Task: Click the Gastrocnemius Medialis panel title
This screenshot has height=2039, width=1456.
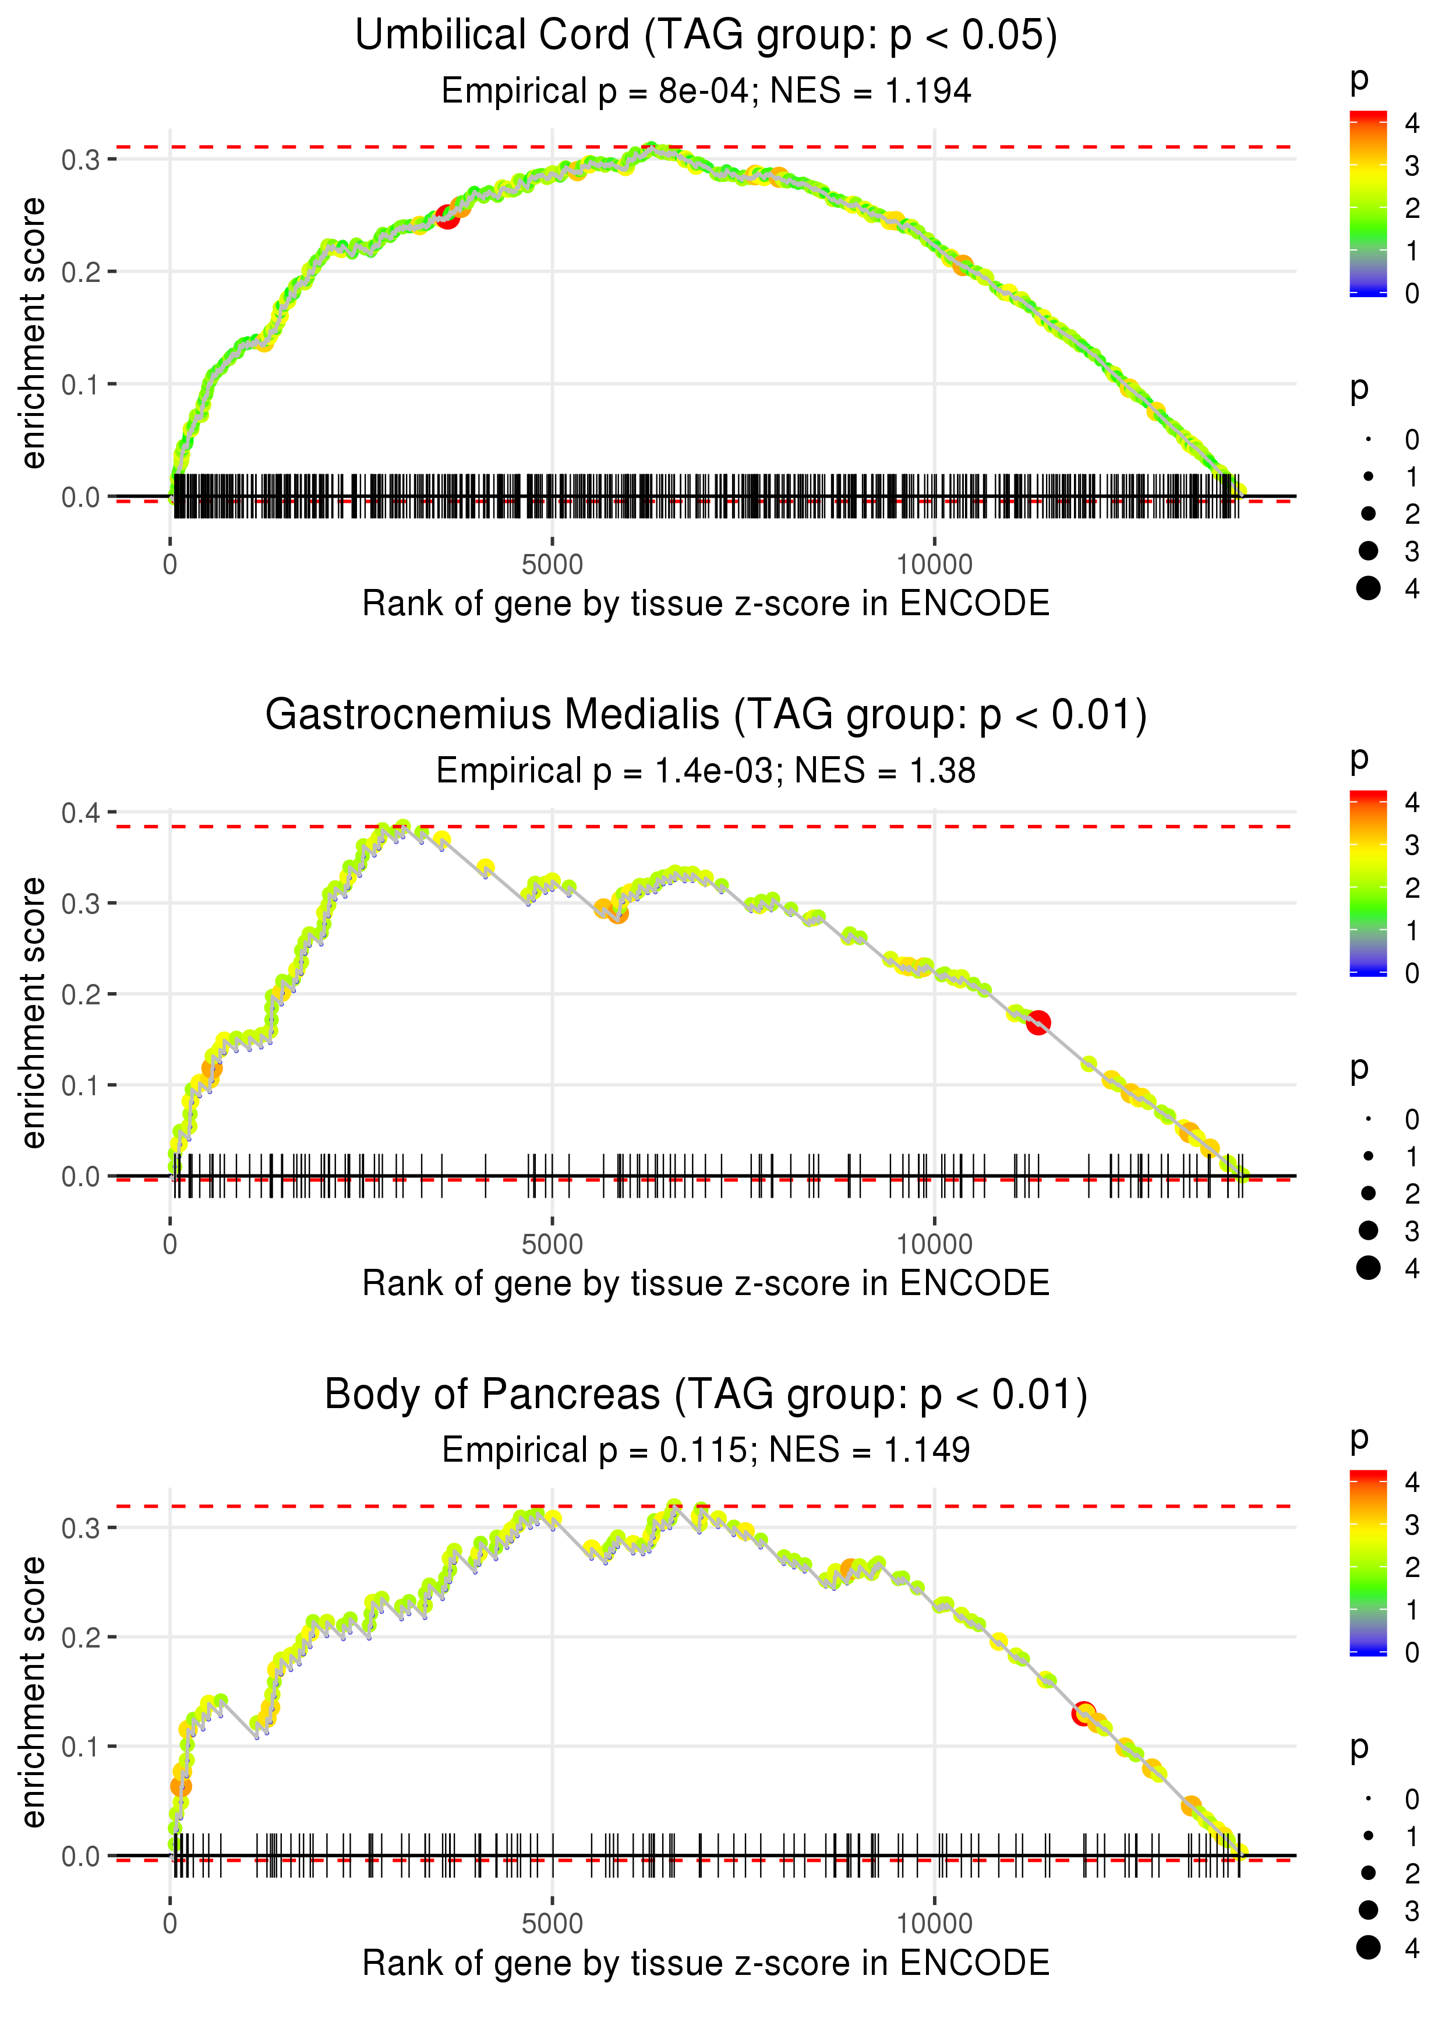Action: tap(706, 715)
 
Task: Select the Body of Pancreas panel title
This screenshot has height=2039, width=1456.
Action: tap(706, 1395)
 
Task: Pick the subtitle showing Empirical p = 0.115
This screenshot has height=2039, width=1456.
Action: tap(706, 1450)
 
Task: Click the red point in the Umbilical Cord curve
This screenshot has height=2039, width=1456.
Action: tap(447, 217)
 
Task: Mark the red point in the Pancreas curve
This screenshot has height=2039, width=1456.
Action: tap(1084, 1713)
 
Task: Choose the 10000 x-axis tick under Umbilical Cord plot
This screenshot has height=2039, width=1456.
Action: tap(934, 565)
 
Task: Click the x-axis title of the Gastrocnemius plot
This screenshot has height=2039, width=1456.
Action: tap(706, 1283)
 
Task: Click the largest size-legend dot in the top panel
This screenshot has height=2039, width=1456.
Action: tap(1368, 588)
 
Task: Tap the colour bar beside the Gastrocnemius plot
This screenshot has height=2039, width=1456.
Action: tap(1368, 883)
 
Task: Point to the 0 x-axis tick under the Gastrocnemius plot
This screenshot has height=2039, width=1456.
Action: tap(170, 1244)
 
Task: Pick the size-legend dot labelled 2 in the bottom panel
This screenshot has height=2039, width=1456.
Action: tap(1368, 1873)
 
